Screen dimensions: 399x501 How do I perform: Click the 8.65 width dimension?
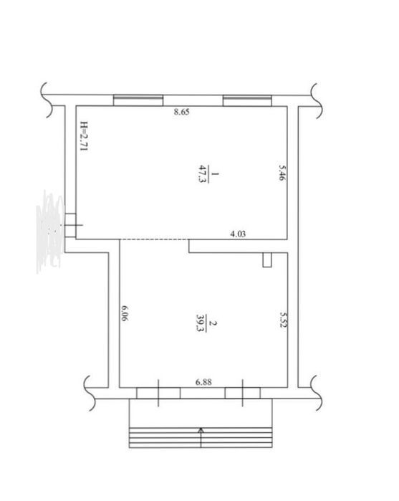(x=181, y=112)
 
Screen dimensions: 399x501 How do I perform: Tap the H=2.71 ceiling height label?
(x=84, y=135)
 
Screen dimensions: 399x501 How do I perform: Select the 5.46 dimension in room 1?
(x=282, y=173)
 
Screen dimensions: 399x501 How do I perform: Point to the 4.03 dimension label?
(x=238, y=234)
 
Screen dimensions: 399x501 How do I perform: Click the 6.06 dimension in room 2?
(x=125, y=313)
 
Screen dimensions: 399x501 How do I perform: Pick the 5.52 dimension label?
(x=283, y=320)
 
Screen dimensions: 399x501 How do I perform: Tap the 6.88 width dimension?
(x=203, y=382)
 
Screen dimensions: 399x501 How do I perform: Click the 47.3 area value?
(x=201, y=173)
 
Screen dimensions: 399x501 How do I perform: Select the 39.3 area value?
(x=201, y=323)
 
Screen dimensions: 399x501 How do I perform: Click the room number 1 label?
(x=215, y=174)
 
